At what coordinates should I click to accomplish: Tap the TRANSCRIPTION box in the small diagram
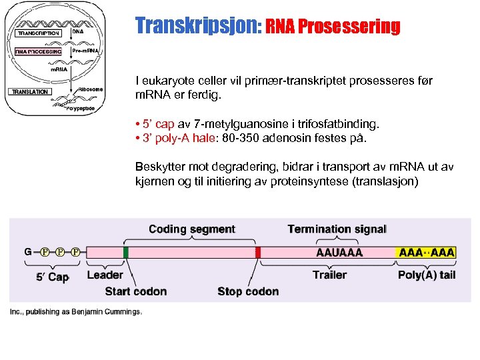coord(38,33)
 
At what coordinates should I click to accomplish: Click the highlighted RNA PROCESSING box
coord(38,51)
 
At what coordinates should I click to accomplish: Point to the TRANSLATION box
coord(29,91)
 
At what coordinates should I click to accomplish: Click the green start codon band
coord(126,252)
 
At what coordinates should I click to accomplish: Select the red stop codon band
coord(258,252)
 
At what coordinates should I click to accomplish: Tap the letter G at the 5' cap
coord(28,252)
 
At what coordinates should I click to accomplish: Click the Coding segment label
coord(192,229)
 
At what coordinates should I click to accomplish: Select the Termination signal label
coord(337,229)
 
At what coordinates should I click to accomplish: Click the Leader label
coord(105,275)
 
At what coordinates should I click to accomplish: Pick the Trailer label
coord(329,275)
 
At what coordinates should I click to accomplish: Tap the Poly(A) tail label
coord(427,275)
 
